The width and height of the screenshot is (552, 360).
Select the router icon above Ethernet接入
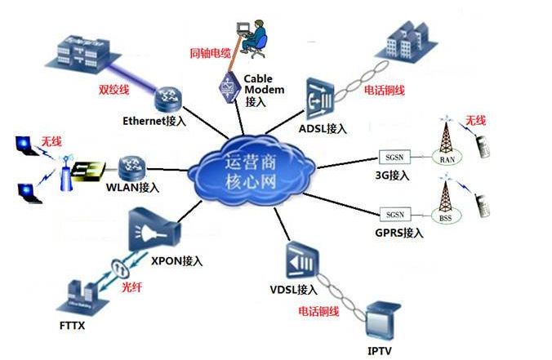click(x=170, y=99)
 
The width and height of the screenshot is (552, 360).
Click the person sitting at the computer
click(x=255, y=36)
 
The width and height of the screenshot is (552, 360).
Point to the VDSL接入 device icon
click(x=299, y=262)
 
